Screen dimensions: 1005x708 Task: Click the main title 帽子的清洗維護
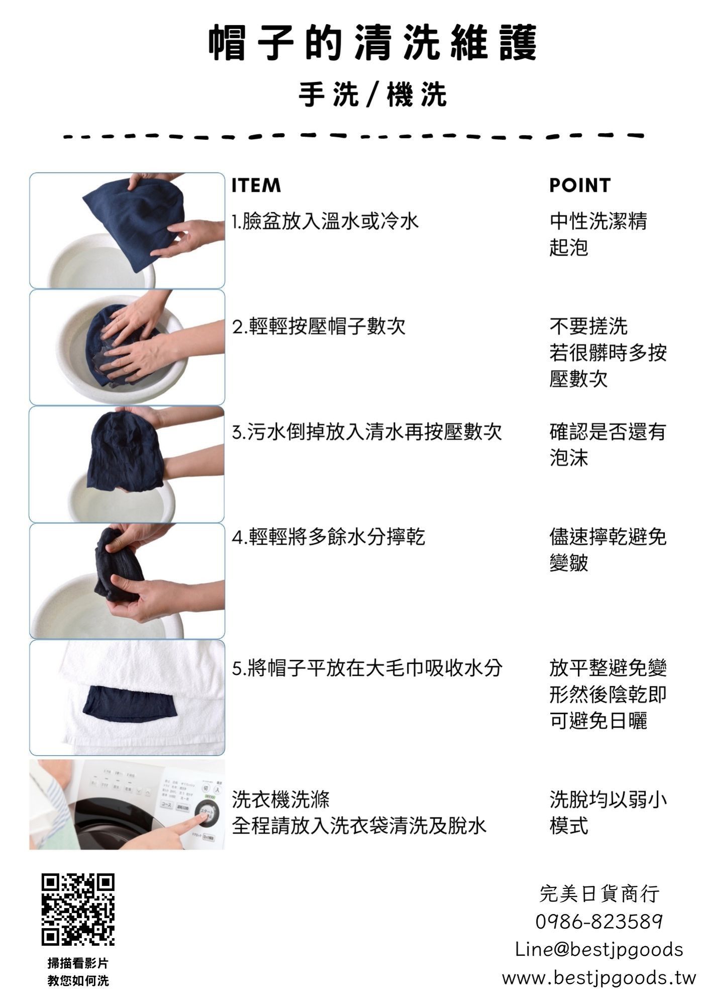tap(372, 43)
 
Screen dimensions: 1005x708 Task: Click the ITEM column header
tap(256, 185)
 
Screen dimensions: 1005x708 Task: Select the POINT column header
tap(579, 185)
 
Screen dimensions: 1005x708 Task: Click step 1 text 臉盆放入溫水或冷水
tap(325, 221)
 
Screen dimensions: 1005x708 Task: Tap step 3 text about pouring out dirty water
tap(367, 432)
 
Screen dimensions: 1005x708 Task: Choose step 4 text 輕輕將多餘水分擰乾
tap(328, 537)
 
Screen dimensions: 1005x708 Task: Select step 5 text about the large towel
tap(367, 668)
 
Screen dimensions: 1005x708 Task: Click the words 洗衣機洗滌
tap(280, 799)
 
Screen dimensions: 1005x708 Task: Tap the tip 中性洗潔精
tap(598, 221)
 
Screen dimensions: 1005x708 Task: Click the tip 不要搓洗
tap(588, 327)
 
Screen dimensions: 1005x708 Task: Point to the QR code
tap(78, 909)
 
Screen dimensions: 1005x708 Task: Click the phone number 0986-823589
tap(599, 922)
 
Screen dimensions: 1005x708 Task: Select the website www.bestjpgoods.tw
tap(599, 978)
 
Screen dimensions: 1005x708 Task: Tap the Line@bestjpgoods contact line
tap(599, 950)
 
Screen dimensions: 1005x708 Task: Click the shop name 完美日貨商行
tap(599, 894)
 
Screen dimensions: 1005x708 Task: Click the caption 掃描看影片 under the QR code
tap(78, 963)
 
